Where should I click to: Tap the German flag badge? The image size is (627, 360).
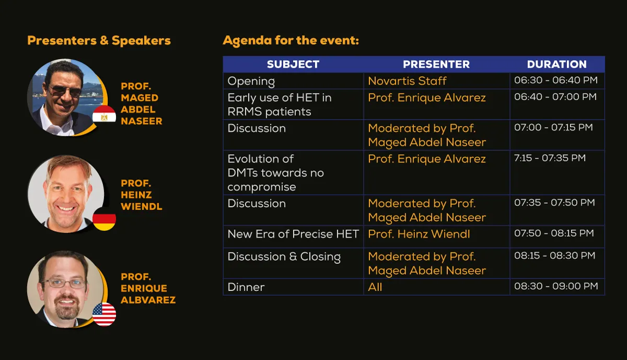pyautogui.click(x=104, y=219)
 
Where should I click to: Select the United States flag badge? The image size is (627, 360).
pyautogui.click(x=104, y=315)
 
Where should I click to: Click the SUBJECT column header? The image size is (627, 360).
pyautogui.click(x=293, y=64)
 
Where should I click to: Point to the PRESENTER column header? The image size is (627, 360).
pyautogui.click(x=436, y=64)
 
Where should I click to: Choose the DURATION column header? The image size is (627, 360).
pyautogui.click(x=557, y=64)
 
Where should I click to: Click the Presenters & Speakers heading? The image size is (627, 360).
pyautogui.click(x=99, y=40)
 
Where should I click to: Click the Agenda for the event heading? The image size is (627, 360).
pyautogui.click(x=291, y=41)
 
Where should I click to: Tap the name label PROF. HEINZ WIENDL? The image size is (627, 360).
pyautogui.click(x=142, y=195)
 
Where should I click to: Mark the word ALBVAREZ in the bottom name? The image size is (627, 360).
pyautogui.click(x=148, y=300)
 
